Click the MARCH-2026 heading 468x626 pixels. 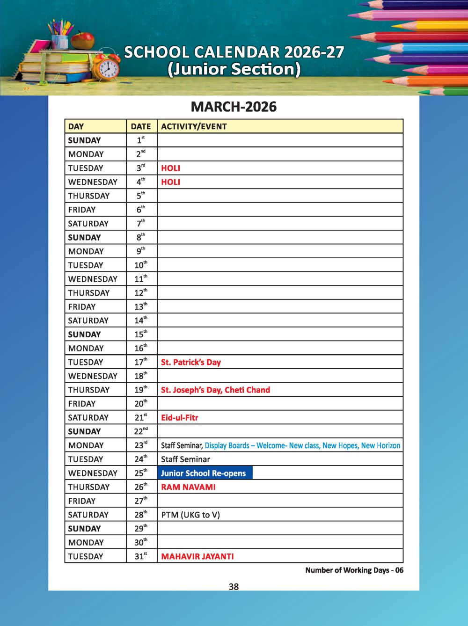(234, 107)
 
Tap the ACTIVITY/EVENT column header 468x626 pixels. (194, 126)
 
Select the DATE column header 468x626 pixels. (141, 126)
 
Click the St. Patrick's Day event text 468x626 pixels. (190, 362)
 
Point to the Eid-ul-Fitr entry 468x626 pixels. (179, 417)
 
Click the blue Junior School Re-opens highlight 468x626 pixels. (205, 473)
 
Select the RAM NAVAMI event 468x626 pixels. (188, 487)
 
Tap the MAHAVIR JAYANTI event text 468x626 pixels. (197, 556)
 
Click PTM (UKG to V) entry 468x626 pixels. (190, 515)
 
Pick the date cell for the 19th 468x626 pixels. (141, 390)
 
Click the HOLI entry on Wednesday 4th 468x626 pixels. (170, 182)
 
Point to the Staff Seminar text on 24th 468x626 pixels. (185, 459)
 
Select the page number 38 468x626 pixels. (234, 587)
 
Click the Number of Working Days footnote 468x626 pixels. (354, 570)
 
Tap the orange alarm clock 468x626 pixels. (108, 68)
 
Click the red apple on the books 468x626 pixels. (83, 41)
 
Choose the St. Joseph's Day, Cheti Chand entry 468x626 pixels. (215, 390)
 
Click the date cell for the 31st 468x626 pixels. (141, 556)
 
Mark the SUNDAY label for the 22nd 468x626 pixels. (84, 431)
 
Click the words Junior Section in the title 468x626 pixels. (234, 69)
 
